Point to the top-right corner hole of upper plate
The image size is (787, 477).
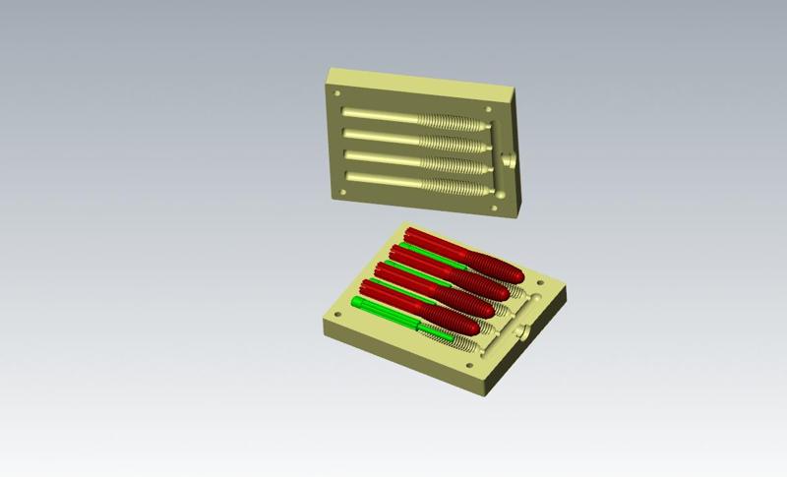[x=490, y=108]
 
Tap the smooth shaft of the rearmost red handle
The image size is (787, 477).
[x=433, y=240]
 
